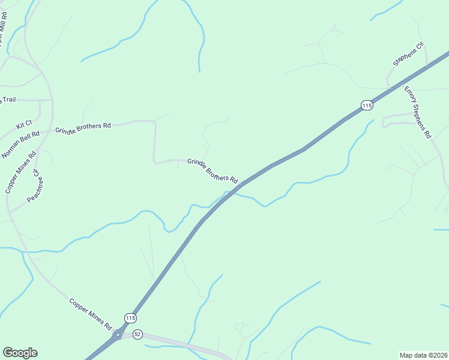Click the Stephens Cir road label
(408, 53)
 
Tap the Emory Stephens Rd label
(418, 113)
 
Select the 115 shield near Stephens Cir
(367, 106)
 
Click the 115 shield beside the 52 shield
(130, 317)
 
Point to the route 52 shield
(137, 334)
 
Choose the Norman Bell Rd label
(20, 145)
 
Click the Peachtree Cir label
(33, 186)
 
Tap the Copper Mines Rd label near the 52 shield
(91, 314)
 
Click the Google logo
(20, 353)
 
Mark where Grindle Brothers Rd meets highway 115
(243, 184)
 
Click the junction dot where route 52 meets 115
(118, 334)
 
